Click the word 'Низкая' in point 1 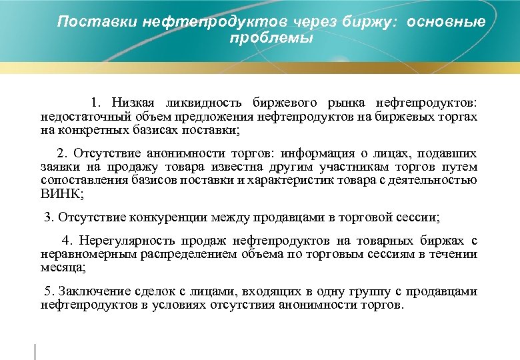tap(133, 103)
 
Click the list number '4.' tap(67, 241)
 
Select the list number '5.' tap(48, 291)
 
